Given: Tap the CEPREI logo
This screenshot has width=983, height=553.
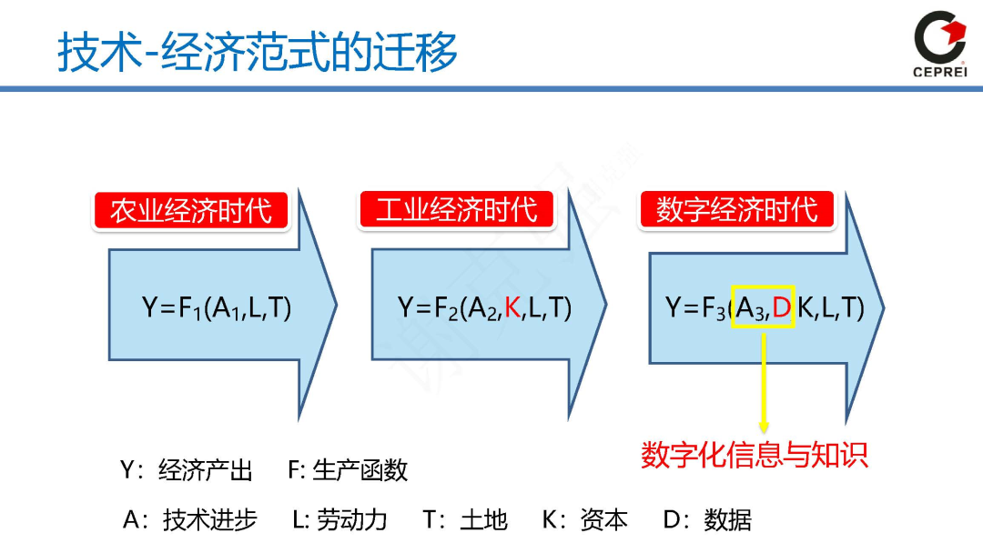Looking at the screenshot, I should (x=939, y=44).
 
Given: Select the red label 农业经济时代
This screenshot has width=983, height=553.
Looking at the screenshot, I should (x=191, y=211).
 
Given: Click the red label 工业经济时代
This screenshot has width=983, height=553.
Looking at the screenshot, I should (x=457, y=210).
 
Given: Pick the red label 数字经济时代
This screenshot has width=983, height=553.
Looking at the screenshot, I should (x=737, y=210).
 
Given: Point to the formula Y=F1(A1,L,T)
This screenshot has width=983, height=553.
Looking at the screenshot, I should (x=217, y=308).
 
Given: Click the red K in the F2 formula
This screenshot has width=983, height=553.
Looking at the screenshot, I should (x=512, y=308).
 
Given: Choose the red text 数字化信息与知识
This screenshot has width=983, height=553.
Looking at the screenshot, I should (x=755, y=454).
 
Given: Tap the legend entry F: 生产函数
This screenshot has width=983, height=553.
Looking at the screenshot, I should (x=348, y=470).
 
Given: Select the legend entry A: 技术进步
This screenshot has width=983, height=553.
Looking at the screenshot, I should (x=190, y=520).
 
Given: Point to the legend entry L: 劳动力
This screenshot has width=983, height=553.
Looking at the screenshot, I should (x=339, y=520).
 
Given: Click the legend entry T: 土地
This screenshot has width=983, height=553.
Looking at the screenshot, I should (x=464, y=520).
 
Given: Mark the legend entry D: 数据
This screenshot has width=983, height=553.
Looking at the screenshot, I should (x=707, y=520).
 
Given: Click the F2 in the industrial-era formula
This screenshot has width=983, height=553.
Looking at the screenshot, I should (x=443, y=309).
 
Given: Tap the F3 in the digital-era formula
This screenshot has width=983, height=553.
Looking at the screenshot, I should (x=713, y=309).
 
